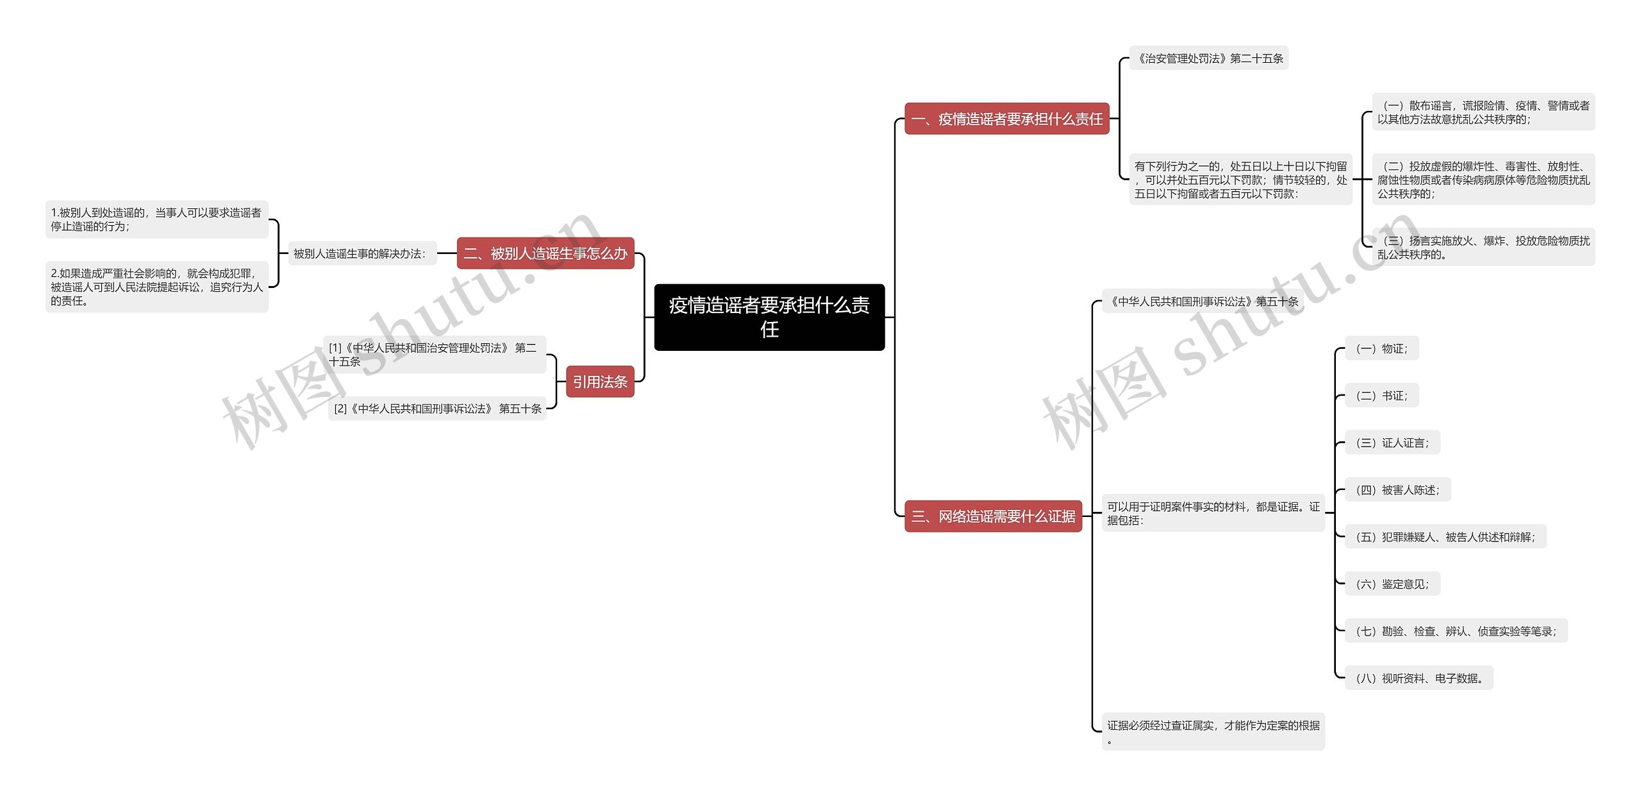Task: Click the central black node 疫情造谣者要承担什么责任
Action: coord(769,317)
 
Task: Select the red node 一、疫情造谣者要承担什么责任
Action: coord(1006,119)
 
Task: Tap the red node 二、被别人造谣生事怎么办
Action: coord(545,253)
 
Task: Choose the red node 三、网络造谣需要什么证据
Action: coord(993,516)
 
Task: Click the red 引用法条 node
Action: coord(599,382)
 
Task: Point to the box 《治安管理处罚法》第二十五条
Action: coord(1208,58)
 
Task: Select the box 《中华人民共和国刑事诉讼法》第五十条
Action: coord(1203,301)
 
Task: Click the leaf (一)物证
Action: coord(1381,348)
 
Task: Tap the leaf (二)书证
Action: coord(1381,396)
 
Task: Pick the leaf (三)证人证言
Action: coord(1392,443)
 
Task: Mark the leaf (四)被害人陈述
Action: coord(1397,490)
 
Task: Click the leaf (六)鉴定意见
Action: coord(1392,584)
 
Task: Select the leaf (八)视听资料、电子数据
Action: coord(1419,678)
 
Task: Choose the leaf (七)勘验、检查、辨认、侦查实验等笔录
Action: coord(1455,631)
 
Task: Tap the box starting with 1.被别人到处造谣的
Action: coord(156,219)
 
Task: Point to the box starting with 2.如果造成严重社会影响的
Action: coord(156,287)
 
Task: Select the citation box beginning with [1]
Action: coord(434,354)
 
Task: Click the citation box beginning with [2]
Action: coord(437,409)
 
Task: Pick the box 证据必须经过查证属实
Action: coord(1213,731)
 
